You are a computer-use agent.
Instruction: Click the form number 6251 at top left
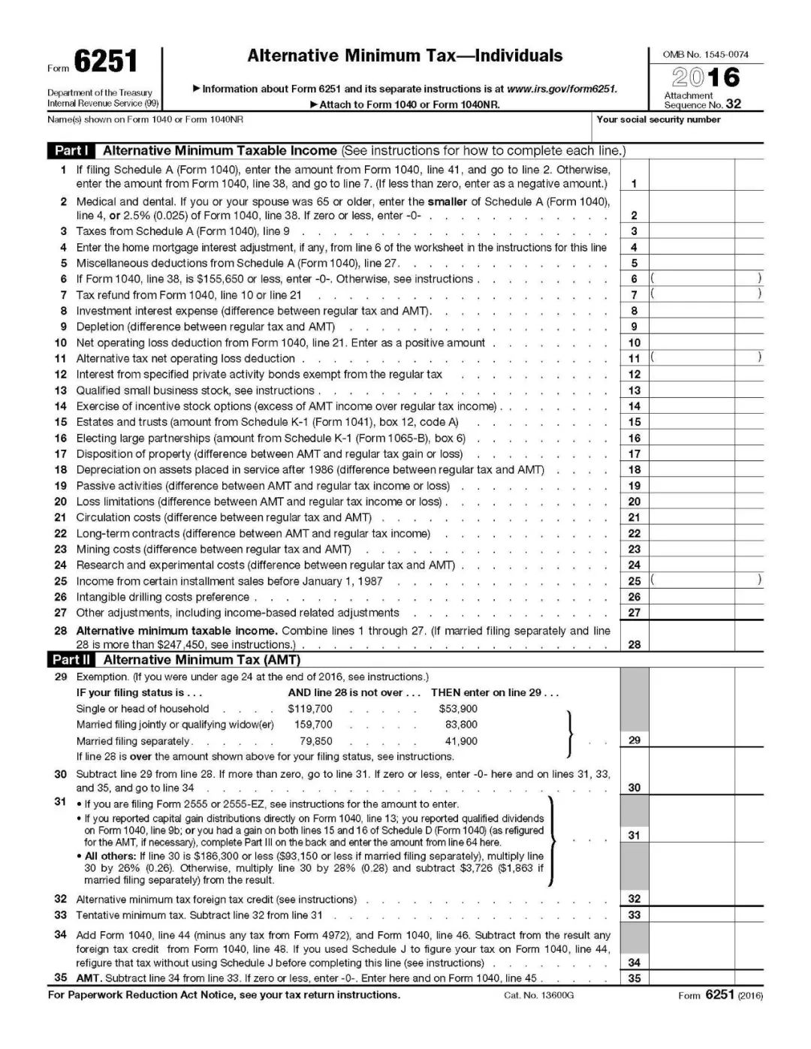click(x=105, y=62)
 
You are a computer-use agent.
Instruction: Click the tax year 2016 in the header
click(x=706, y=77)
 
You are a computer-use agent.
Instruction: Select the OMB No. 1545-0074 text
click(x=705, y=55)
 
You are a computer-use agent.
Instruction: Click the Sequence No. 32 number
click(x=733, y=105)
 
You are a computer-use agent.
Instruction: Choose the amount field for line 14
click(x=692, y=406)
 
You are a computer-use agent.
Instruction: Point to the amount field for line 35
click(x=692, y=978)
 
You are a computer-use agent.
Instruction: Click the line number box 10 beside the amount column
click(x=635, y=343)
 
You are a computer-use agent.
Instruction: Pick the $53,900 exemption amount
click(x=458, y=709)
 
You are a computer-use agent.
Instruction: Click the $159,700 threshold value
click(x=313, y=725)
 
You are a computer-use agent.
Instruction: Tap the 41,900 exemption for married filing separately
click(x=461, y=741)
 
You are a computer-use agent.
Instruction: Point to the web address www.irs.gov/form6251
click(x=562, y=89)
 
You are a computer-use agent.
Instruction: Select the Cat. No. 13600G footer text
click(x=538, y=996)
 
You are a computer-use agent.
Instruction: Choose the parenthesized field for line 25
click(x=705, y=580)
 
